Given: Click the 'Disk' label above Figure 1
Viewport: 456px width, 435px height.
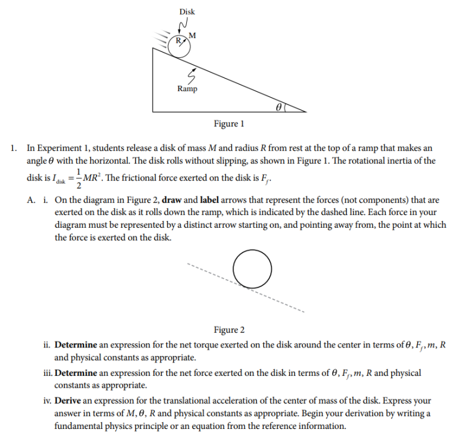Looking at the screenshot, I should (187, 11).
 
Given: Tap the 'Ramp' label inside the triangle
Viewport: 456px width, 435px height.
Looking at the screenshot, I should (187, 89).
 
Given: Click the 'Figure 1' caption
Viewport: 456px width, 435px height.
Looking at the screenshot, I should (229, 124).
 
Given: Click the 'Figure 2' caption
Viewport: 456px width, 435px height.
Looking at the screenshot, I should (229, 329).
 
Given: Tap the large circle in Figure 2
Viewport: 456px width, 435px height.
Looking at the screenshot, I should (252, 269).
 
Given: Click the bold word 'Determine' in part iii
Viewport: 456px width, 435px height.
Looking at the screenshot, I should (78, 373).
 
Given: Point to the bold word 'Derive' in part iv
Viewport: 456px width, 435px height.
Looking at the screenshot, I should (68, 401).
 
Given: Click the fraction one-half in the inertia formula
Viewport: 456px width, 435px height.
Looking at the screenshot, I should (78, 179).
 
